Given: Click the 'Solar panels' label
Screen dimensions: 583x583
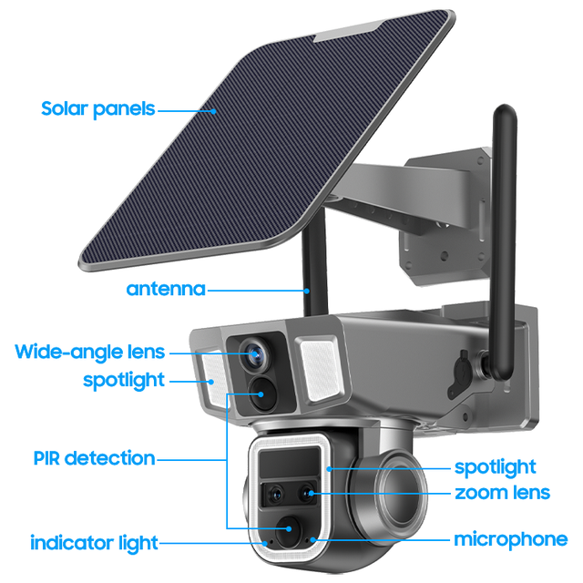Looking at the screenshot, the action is [x=97, y=109].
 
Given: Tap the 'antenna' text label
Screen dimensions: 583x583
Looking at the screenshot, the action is [x=165, y=290].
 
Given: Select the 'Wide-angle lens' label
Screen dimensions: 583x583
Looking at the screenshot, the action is [x=90, y=352].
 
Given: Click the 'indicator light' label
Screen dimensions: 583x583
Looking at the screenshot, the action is [x=94, y=543].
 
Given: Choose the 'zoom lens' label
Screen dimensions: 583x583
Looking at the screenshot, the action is [x=503, y=493].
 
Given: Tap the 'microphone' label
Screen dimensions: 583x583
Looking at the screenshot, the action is [x=510, y=539].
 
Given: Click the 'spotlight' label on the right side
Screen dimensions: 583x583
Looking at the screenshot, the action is [x=496, y=467].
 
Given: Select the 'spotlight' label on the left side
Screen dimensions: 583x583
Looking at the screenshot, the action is [x=124, y=379].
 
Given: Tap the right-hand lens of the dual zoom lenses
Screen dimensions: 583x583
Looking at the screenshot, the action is [x=308, y=495].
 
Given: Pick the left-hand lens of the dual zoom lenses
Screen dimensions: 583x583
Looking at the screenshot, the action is [x=275, y=495].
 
